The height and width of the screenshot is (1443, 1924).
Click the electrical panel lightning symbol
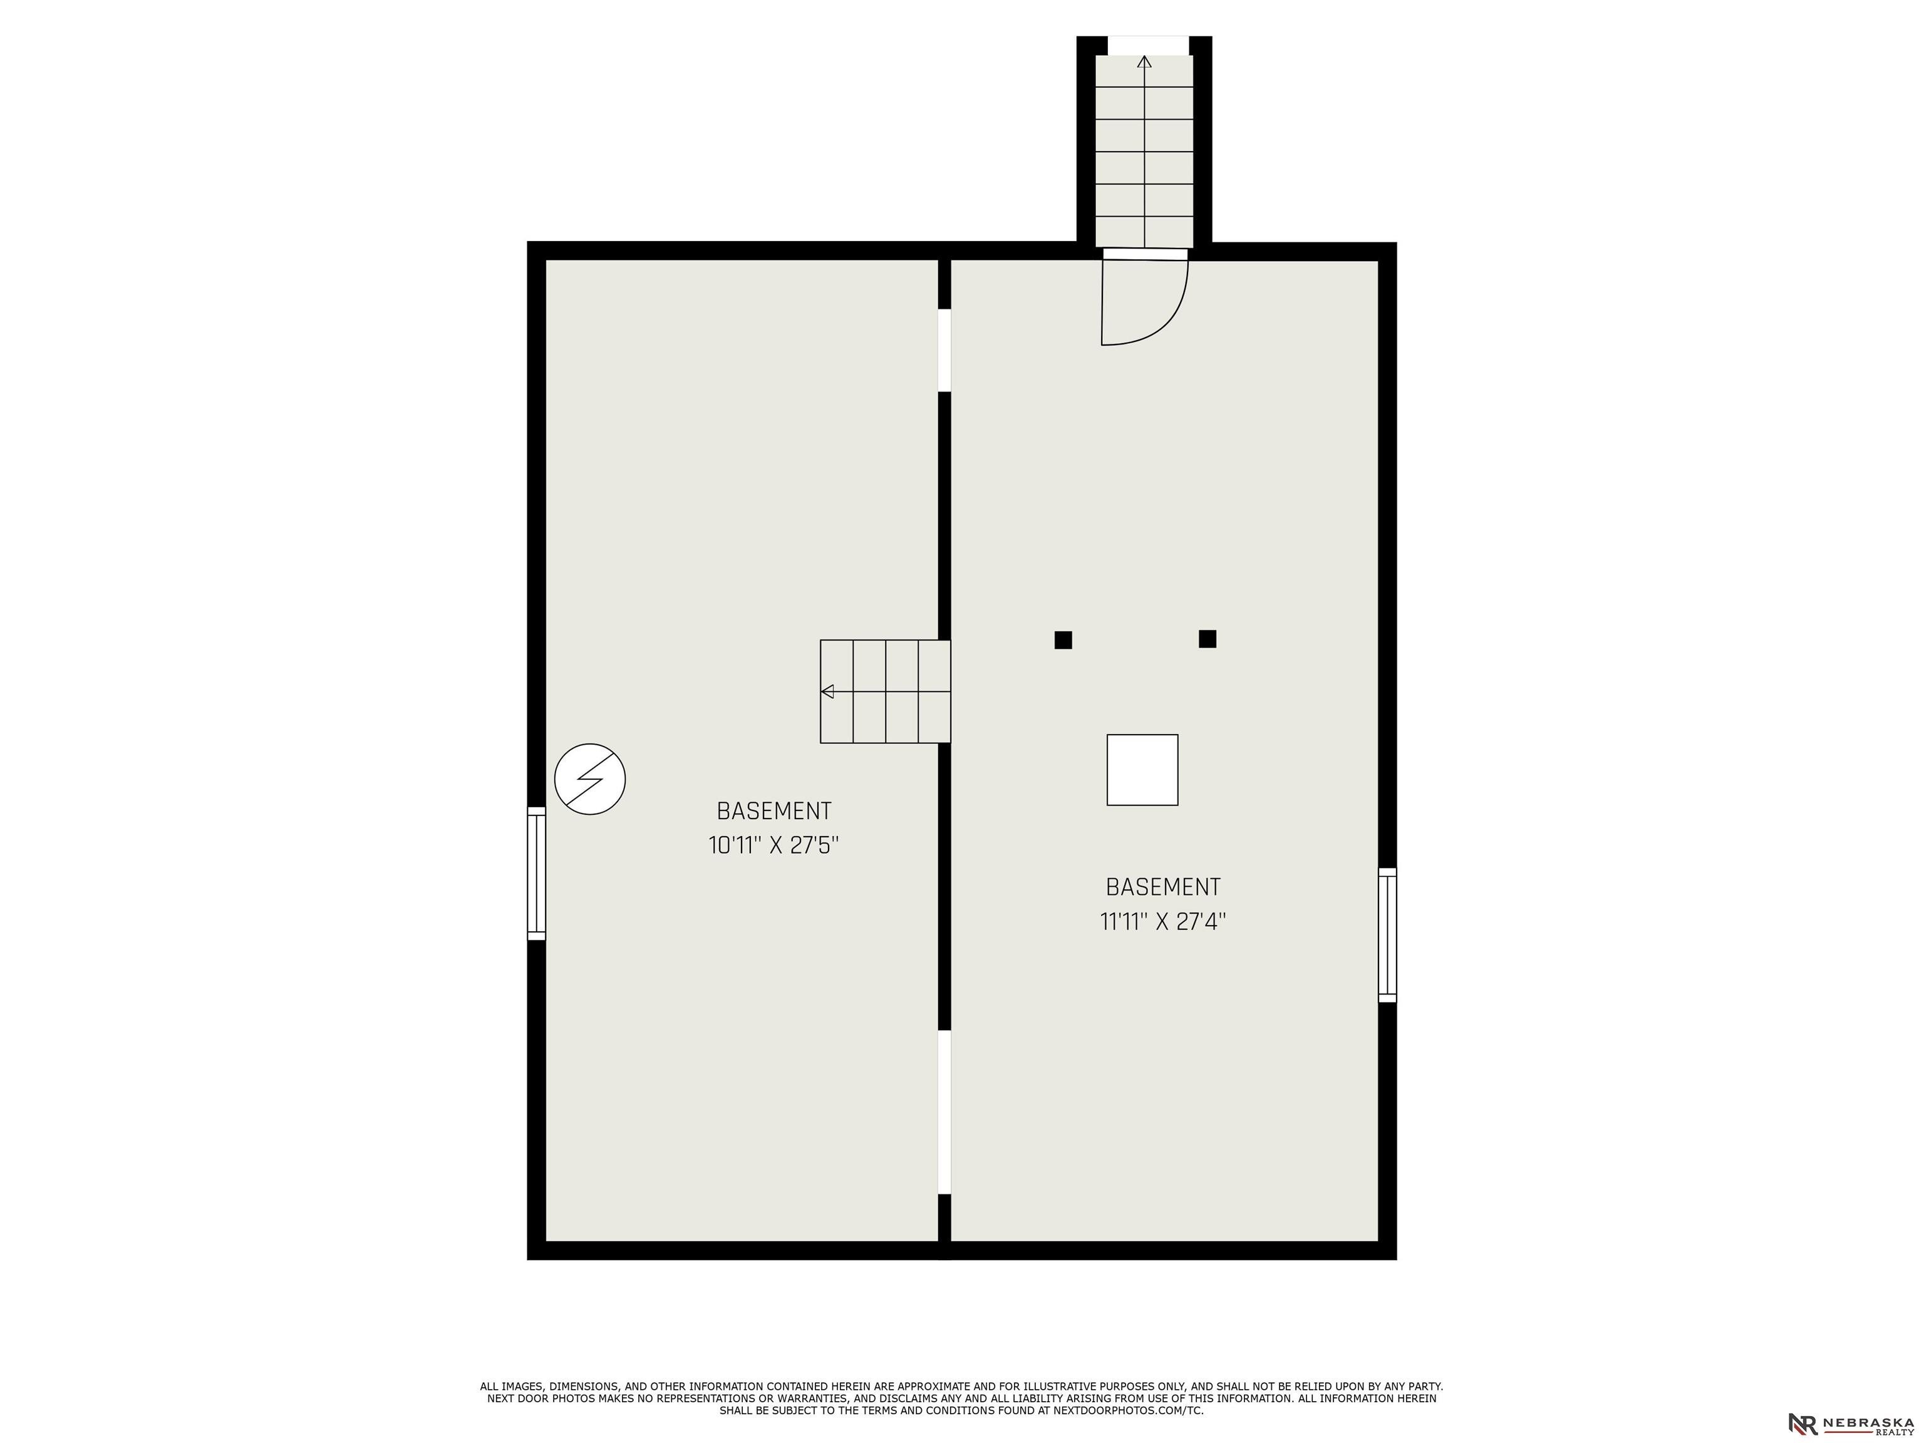[x=591, y=778]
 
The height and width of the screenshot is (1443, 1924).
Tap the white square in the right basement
[x=1142, y=770]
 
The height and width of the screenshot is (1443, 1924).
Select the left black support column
[x=1063, y=640]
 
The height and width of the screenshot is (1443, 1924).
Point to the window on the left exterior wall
[x=537, y=873]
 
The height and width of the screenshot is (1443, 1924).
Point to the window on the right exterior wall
[x=1387, y=935]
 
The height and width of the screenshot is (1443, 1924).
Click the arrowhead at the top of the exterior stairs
[x=1145, y=62]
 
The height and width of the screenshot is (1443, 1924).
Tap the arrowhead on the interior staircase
[x=828, y=691]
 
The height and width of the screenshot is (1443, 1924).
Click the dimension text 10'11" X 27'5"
[x=773, y=846]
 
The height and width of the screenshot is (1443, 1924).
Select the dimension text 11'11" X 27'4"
[x=1163, y=921]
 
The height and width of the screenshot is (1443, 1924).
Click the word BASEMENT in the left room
[x=774, y=810]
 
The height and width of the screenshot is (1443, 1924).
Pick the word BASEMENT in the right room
[x=1163, y=887]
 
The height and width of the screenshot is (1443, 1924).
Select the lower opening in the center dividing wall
[x=944, y=1112]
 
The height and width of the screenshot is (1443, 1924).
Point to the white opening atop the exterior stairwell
[x=1147, y=45]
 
